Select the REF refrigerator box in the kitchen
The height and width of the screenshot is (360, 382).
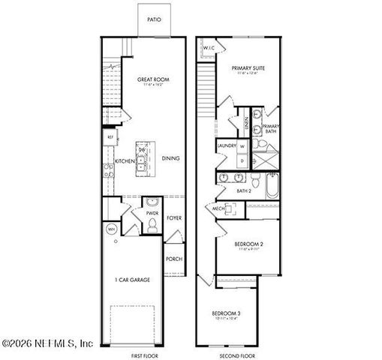pos(110,137)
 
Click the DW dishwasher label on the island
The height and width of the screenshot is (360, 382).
pos(141,151)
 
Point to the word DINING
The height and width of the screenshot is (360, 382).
pos(171,159)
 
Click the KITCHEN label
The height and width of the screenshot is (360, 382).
pos(125,161)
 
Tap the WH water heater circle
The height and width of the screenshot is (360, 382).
pos(111,229)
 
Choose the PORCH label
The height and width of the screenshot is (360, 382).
pos(173,259)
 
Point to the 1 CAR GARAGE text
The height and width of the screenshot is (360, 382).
pos(132,280)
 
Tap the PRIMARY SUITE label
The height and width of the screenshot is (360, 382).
pos(249,67)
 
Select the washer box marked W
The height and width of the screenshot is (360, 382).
pos(242,146)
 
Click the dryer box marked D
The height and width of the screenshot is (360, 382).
pos(242,161)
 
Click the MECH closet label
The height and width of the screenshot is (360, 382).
pos(218,208)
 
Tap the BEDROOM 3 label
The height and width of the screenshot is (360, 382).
pos(225,313)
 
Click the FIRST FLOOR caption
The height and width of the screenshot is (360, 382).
pos(144,355)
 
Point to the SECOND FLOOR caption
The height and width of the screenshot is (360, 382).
pos(237,355)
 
